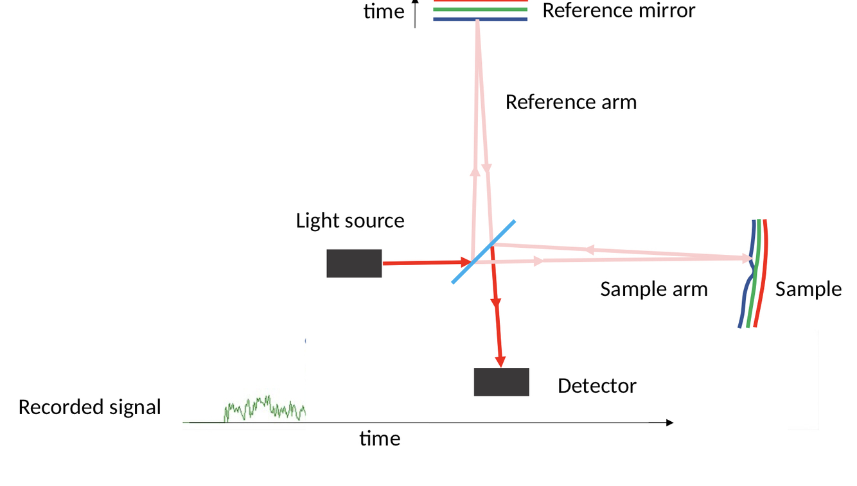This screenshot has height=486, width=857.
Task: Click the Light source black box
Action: [354, 263]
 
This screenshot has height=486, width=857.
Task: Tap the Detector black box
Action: [501, 382]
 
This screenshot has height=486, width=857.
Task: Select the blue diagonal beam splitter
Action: [483, 252]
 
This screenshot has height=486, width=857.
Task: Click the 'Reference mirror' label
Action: [619, 10]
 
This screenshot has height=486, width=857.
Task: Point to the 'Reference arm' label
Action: [570, 102]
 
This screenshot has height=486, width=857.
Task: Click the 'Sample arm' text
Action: [653, 289]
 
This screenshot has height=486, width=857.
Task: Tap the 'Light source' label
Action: [350, 221]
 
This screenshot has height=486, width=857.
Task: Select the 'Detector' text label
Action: [597, 386]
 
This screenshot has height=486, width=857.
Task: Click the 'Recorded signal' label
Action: [89, 407]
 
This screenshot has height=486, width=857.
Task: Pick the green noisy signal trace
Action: [264, 408]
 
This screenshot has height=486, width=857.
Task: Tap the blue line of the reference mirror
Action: [481, 20]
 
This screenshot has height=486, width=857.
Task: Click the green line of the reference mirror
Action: [481, 10]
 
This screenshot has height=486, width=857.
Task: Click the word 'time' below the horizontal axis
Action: [380, 438]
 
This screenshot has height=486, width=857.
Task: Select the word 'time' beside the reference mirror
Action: [384, 11]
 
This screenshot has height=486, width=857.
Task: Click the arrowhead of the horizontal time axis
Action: [669, 422]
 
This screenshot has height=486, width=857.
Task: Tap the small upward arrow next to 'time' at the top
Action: [415, 13]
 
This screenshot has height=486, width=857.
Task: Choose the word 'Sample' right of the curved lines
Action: [808, 289]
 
